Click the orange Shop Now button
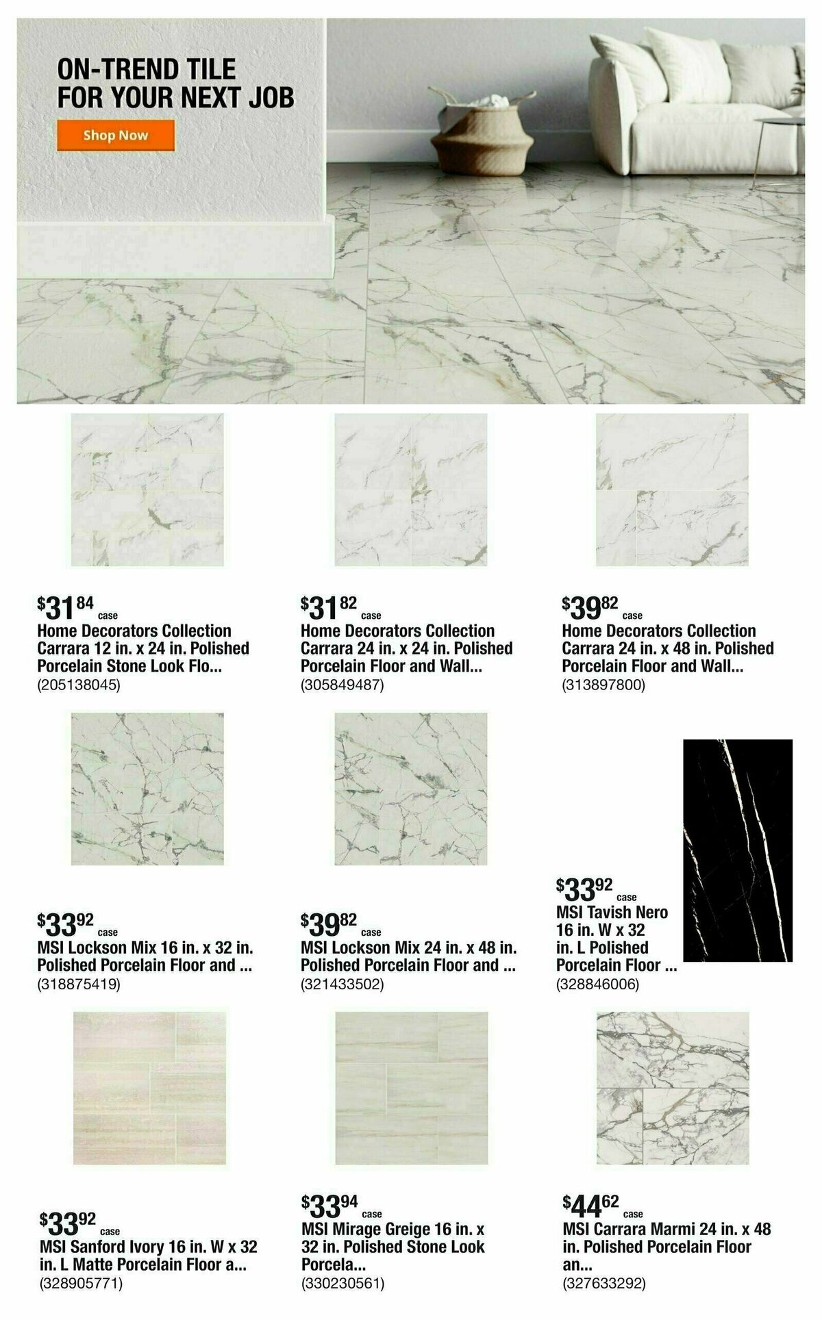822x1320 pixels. tap(115, 135)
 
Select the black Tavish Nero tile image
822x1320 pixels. tap(738, 850)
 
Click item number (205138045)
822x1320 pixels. tap(79, 685)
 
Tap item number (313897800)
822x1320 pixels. tap(603, 685)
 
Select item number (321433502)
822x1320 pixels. tap(342, 985)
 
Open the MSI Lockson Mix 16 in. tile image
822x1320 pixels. tap(147, 788)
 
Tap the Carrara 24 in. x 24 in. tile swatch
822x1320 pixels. tap(410, 490)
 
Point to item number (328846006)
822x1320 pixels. tap(597, 985)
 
